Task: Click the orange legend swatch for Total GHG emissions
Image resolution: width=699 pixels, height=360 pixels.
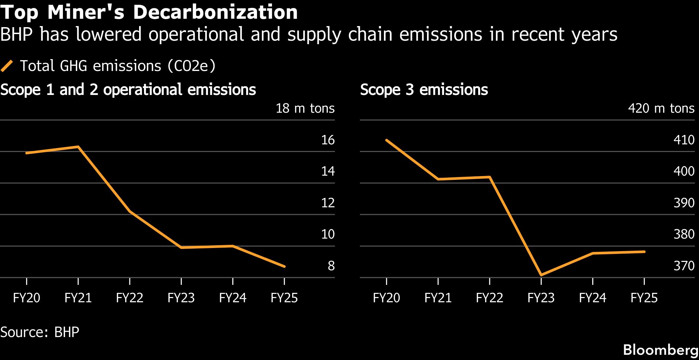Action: coord(7,66)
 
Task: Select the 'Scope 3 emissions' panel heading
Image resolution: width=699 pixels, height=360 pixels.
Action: coord(424,90)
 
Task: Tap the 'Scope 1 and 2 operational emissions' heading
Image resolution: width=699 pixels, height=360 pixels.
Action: coord(128,90)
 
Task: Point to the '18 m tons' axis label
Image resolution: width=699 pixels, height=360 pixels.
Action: coord(305,109)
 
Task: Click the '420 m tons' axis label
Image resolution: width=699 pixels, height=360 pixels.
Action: coord(661,109)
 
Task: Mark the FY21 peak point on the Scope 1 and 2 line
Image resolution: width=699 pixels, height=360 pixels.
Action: coord(78,147)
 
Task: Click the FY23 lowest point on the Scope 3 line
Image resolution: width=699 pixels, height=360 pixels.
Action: coord(541,275)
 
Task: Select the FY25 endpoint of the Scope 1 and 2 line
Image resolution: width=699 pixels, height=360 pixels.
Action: coord(284,267)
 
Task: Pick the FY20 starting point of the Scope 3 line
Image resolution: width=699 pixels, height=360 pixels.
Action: coord(387,140)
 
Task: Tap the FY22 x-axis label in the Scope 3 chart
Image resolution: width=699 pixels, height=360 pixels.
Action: coord(489,298)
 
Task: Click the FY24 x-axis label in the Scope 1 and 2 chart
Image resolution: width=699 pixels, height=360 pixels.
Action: coord(233,298)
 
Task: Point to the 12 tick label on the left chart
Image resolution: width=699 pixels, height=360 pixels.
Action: coord(328,203)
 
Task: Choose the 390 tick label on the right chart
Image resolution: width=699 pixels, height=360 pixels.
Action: coord(684,203)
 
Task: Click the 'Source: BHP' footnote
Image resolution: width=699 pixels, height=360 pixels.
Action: coord(40,332)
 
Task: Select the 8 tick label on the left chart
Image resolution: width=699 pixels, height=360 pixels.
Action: coord(331,266)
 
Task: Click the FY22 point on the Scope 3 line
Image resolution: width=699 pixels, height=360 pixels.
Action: coord(490,177)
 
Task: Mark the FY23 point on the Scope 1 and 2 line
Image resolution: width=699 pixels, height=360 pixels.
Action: coord(181,248)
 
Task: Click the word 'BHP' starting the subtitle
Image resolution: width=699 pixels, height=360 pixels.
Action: coord(17,34)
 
